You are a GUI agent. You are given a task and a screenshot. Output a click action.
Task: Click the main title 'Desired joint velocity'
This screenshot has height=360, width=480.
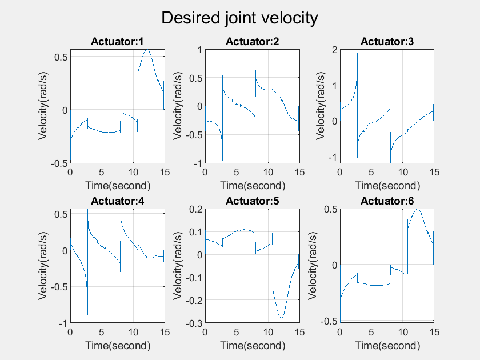click(239, 18)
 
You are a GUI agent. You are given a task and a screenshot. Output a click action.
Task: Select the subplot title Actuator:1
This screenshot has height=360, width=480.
click(118, 41)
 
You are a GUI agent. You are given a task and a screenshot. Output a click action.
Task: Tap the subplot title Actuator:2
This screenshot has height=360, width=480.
click(252, 41)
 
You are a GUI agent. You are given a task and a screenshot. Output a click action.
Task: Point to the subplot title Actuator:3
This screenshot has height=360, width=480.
click(387, 41)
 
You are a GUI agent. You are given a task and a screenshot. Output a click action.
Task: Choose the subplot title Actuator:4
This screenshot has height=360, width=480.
click(118, 201)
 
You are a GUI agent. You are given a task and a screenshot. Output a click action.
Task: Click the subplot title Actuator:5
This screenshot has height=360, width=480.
click(252, 201)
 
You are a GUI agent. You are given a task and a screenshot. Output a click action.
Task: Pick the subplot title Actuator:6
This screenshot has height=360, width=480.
click(387, 201)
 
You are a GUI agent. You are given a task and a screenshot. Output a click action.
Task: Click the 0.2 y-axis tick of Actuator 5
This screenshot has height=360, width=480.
click(195, 209)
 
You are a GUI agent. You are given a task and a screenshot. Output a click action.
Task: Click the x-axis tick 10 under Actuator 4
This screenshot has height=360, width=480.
click(133, 332)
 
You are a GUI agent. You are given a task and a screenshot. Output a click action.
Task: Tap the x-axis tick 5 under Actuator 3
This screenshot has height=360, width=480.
click(371, 172)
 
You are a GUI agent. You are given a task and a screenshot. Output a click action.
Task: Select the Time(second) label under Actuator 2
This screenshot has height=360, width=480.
click(252, 185)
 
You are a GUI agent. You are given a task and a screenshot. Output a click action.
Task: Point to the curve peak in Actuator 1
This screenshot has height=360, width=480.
click(147, 50)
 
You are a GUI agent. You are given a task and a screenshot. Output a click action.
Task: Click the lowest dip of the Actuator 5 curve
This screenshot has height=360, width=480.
click(281, 318)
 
